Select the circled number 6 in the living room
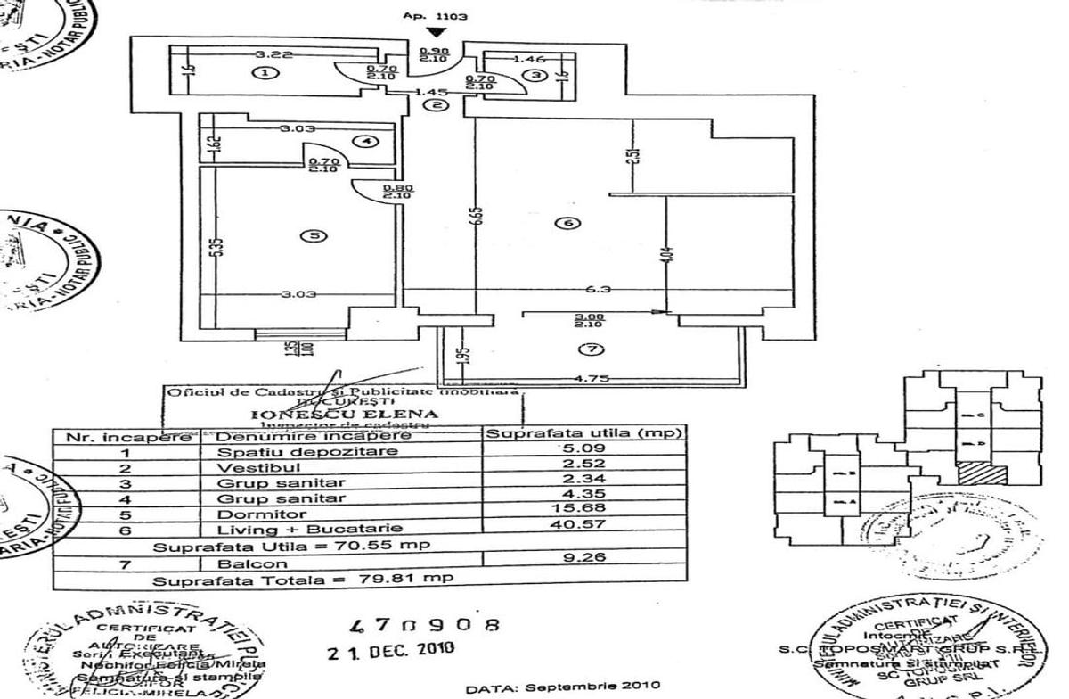pos(570,223)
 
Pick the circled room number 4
pos(365,141)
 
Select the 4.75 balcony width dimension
pos(600,378)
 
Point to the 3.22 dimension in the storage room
pos(257,54)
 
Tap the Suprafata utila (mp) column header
pos(583,434)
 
